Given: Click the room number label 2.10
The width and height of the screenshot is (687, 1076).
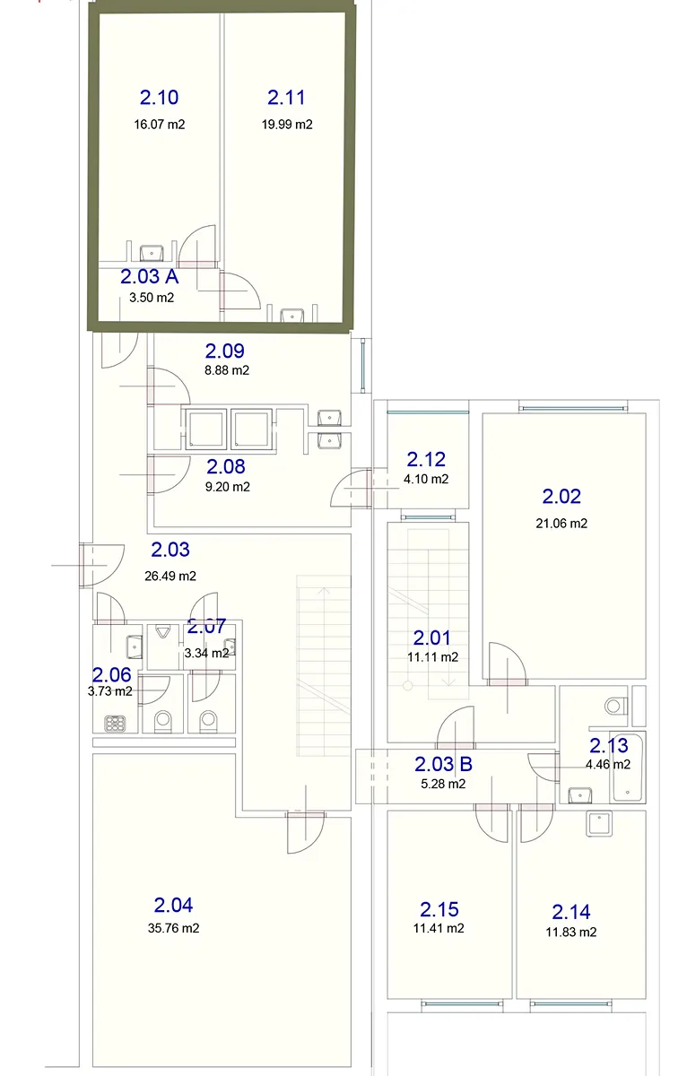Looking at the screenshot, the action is (x=159, y=98).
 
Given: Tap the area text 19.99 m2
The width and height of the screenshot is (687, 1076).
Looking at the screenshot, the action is (x=287, y=125).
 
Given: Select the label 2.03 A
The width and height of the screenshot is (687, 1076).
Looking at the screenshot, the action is (x=150, y=277).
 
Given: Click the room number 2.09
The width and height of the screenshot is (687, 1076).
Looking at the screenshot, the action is (x=225, y=351).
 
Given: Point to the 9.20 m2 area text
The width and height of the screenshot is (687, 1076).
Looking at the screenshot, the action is (x=227, y=487).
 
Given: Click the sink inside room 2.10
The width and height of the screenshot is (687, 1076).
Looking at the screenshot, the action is (x=152, y=253).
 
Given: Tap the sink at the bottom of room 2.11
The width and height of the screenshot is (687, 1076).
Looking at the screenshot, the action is (x=292, y=316).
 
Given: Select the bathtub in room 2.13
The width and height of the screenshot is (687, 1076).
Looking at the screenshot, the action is (x=627, y=768).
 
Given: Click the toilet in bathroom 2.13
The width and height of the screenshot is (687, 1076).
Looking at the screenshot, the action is (x=616, y=706).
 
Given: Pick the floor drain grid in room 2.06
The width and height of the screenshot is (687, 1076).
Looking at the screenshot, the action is (x=116, y=723).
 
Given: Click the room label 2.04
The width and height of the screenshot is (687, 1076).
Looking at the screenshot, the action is (x=173, y=905).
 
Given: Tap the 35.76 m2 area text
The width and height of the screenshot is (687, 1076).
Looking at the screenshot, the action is (x=173, y=928).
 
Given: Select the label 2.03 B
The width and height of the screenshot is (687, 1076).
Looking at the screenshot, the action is (x=443, y=764).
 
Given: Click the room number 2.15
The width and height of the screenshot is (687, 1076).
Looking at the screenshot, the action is (x=439, y=909).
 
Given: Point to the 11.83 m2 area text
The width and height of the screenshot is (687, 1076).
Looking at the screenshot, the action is (x=570, y=933).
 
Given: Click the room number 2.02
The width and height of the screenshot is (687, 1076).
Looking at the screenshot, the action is (x=561, y=496).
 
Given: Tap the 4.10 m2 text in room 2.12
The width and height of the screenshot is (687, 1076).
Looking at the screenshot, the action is (x=426, y=479).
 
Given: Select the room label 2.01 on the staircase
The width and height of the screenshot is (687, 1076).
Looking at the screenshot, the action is (x=432, y=638).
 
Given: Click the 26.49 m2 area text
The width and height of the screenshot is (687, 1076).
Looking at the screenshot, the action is (x=170, y=576).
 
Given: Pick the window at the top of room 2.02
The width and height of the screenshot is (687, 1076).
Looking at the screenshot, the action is (x=573, y=409).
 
